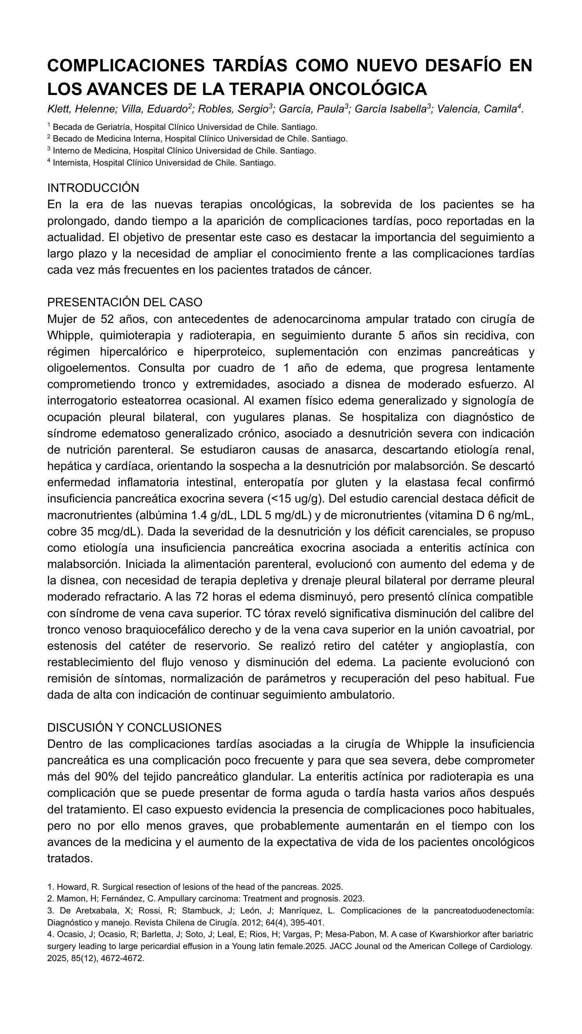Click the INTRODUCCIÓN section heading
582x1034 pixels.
click(93, 188)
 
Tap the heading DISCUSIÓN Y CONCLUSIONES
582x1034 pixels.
click(134, 727)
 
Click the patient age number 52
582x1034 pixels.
click(107, 319)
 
